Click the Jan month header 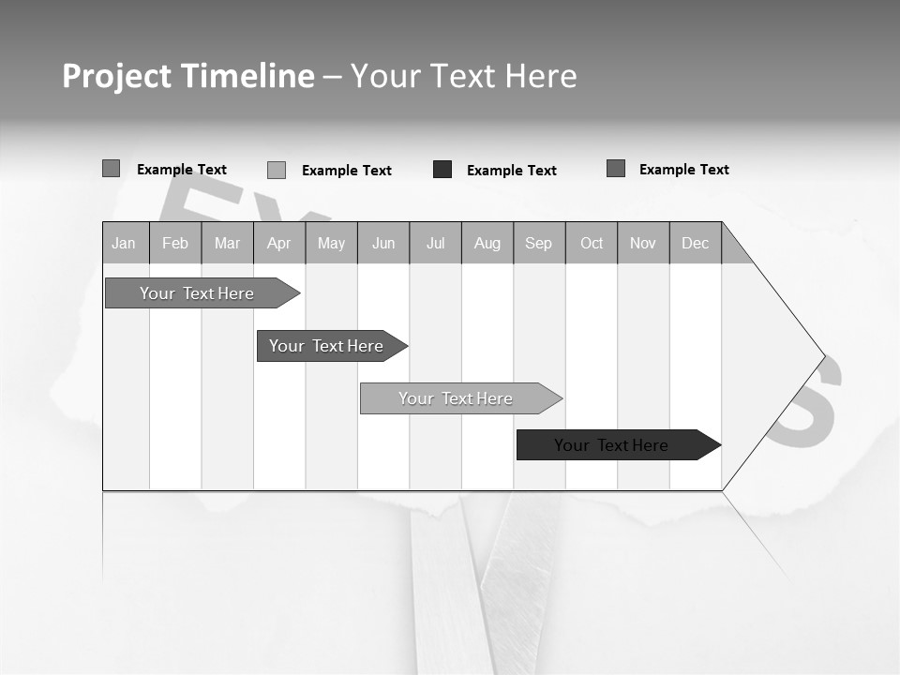point(125,243)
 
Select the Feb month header point(175,243)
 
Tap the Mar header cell point(227,243)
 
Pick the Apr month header point(279,243)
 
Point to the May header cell point(331,243)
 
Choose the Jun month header point(383,243)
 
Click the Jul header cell point(435,243)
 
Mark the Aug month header point(487,243)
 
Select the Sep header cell point(539,243)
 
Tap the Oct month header point(592,243)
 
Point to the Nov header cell point(643,243)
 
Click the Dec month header point(696,243)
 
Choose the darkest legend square point(442,170)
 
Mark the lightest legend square point(277,170)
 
